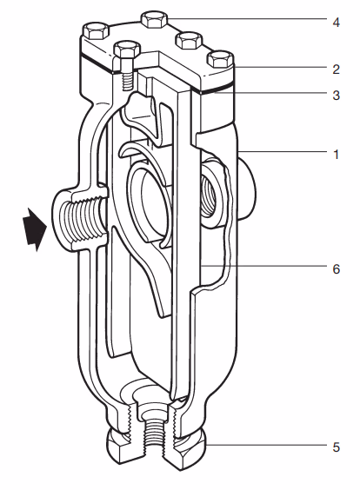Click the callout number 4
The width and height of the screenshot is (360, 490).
(x=336, y=20)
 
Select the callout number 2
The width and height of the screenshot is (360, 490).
(x=336, y=66)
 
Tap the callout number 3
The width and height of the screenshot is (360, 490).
(x=336, y=96)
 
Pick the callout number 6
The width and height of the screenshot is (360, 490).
(x=336, y=268)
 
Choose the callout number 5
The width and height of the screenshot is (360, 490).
(x=336, y=449)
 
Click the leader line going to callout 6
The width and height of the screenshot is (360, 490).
(x=261, y=268)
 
